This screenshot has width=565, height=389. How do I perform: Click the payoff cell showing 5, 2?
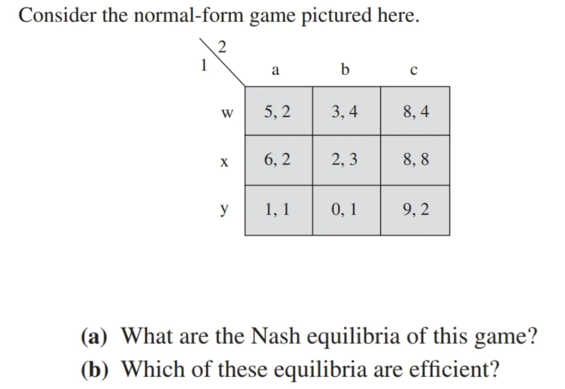pyautogui.click(x=278, y=111)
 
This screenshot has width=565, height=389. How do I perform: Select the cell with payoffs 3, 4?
pyautogui.click(x=345, y=111)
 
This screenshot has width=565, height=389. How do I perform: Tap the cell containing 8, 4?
pyautogui.click(x=416, y=111)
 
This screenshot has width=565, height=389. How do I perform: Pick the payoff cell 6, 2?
pyautogui.click(x=278, y=159)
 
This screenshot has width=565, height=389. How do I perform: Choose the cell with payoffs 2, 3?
pyautogui.click(x=345, y=159)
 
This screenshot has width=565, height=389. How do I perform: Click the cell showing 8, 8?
pyautogui.click(x=416, y=159)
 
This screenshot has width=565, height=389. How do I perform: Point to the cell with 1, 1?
pyautogui.click(x=278, y=209)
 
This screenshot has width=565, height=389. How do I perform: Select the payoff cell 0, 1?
pyautogui.click(x=345, y=209)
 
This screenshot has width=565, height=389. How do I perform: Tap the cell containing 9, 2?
pyautogui.click(x=416, y=209)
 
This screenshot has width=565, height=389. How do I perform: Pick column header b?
pyautogui.click(x=345, y=69)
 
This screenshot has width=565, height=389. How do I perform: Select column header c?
pyautogui.click(x=414, y=70)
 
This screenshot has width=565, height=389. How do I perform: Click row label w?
pyautogui.click(x=227, y=112)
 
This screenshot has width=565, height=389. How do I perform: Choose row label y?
pyautogui.click(x=224, y=209)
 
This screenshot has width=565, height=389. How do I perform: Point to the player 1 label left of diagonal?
pyautogui.click(x=203, y=65)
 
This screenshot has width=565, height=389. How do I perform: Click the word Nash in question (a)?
pyautogui.click(x=275, y=336)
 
